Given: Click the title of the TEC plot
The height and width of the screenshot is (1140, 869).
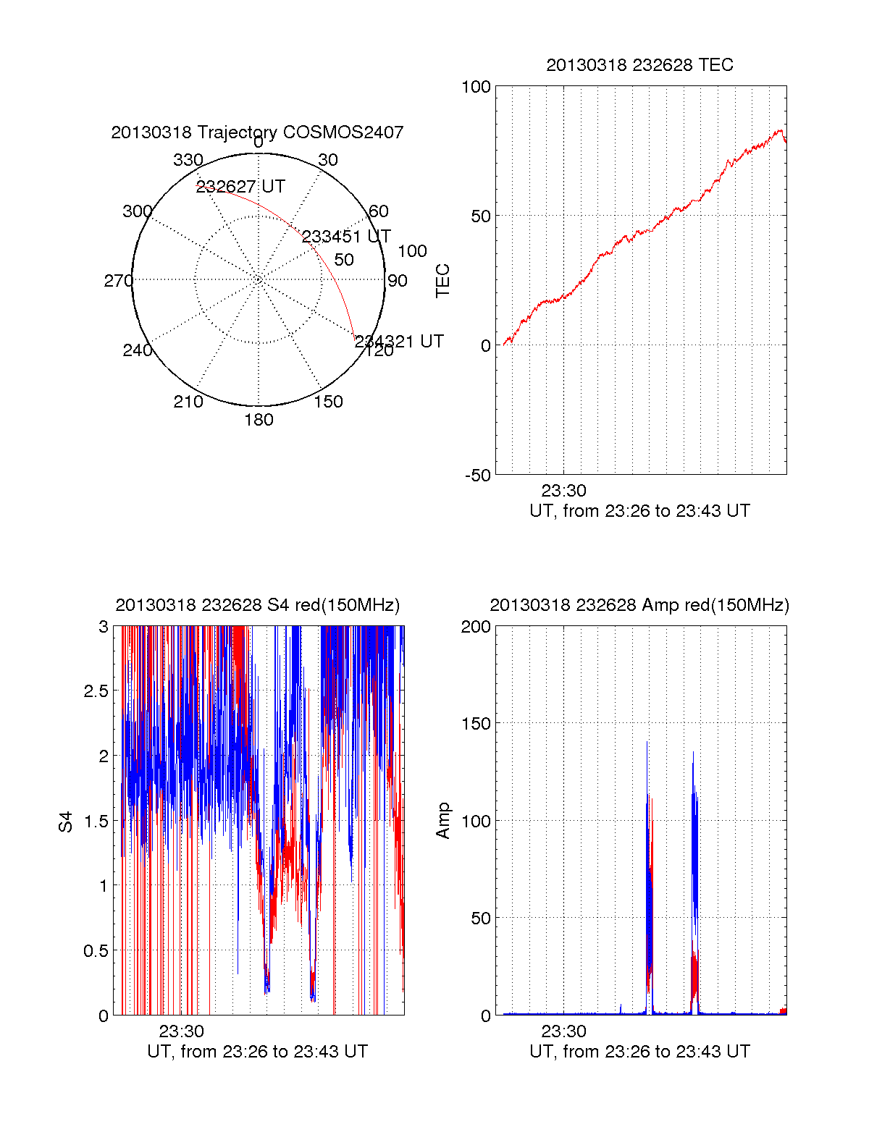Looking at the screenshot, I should click(x=639, y=65).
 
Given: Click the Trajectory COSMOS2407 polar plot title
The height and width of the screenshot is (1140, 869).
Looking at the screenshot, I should click(x=257, y=132).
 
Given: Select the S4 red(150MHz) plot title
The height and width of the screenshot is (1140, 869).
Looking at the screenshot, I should click(x=257, y=605).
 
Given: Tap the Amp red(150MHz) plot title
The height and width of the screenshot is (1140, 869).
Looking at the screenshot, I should click(x=639, y=605).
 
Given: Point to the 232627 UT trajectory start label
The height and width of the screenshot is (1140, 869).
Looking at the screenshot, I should click(x=241, y=187).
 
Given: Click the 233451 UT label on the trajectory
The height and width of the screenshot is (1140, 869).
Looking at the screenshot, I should click(x=346, y=237).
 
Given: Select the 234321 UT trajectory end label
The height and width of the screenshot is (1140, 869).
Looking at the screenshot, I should click(x=399, y=342).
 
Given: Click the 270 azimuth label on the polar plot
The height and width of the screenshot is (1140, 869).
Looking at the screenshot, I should click(x=118, y=281).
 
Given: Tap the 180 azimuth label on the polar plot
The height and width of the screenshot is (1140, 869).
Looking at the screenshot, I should click(x=259, y=420).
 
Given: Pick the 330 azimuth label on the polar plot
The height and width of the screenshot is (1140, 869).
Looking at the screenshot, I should click(x=188, y=160).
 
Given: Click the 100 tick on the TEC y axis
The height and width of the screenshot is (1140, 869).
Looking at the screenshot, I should click(x=476, y=87).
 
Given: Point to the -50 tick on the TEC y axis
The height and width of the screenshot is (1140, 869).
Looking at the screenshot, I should click(x=477, y=476).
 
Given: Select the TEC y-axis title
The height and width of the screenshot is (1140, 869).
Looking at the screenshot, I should click(x=442, y=281).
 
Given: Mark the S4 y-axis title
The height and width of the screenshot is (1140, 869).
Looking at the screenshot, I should click(x=66, y=822).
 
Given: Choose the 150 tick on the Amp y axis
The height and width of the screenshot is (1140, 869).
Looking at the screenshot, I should click(x=476, y=724).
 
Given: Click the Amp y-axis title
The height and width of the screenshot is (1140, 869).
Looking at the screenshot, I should click(x=442, y=821).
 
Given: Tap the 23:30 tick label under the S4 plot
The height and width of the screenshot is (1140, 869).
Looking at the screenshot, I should click(x=182, y=1031).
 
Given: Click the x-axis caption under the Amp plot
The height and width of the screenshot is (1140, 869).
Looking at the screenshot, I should click(x=639, y=1052).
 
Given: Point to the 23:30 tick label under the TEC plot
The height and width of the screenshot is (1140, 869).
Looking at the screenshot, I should click(x=564, y=491).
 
